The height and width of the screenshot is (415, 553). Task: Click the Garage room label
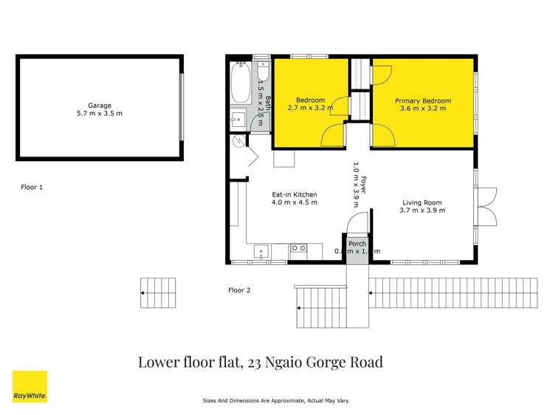tap(100, 106)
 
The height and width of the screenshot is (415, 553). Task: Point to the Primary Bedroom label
tap(422, 100)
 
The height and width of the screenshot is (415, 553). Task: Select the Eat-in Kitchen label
tap(294, 195)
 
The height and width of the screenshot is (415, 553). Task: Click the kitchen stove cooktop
tap(298, 249)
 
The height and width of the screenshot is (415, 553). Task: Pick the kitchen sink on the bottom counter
tap(262, 252)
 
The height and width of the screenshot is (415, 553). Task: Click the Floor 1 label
tap(32, 188)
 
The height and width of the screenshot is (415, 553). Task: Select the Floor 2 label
tap(239, 290)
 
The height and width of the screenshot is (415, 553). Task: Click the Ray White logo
tap(30, 386)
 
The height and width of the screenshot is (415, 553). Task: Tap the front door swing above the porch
tap(354, 222)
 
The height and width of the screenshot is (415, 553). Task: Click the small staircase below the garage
tap(159, 292)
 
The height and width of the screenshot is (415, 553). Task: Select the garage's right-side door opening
tap(181, 106)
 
